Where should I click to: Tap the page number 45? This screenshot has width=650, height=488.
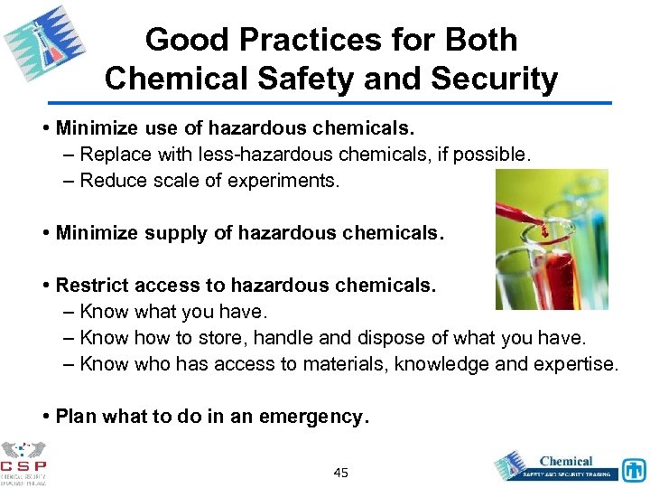coord(341,473)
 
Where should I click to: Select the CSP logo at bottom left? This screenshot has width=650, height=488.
coord(23,463)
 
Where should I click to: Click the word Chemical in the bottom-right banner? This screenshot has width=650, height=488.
coord(565,461)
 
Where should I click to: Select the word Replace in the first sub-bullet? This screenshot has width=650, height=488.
coord(113,155)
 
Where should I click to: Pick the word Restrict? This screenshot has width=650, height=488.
coord(91,286)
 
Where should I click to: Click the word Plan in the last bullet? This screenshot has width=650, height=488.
coord(76,417)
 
